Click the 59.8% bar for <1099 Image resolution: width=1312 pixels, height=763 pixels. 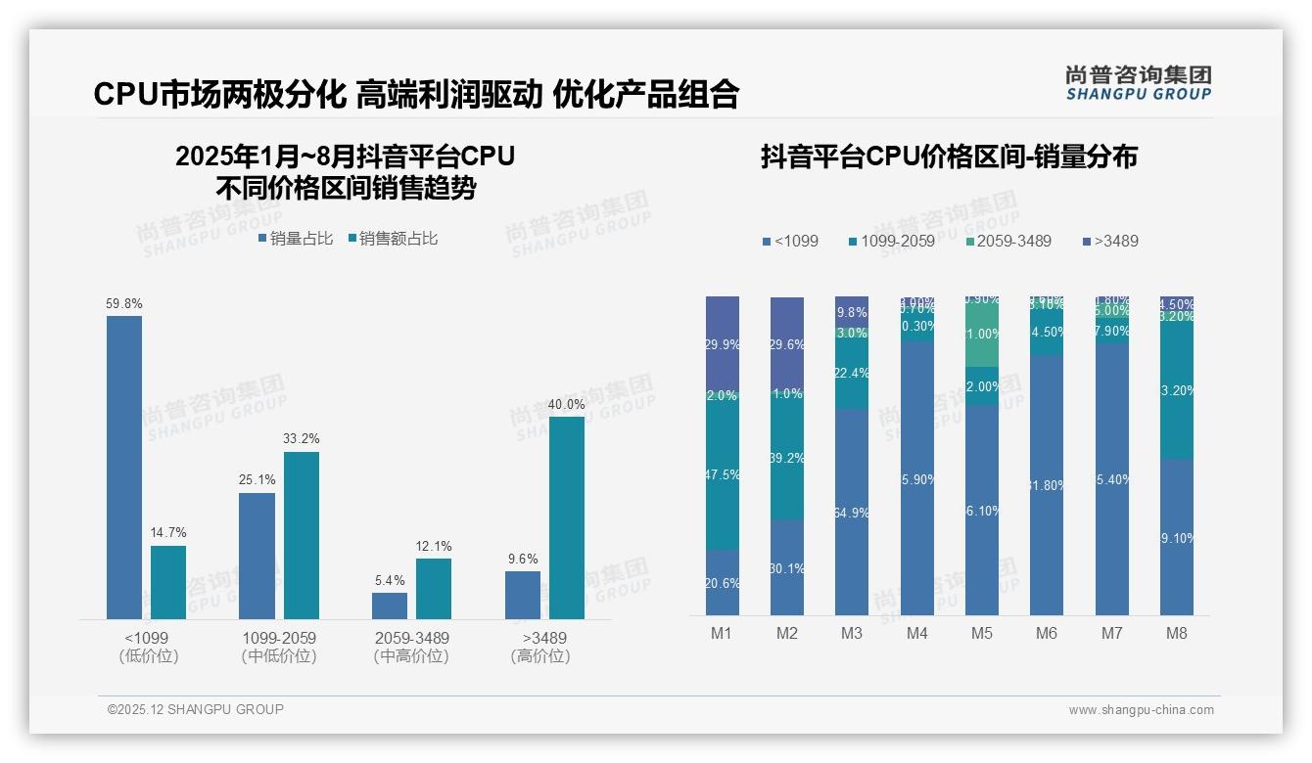[x=124, y=468]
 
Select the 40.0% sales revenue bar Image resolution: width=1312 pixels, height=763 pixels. [x=566, y=518]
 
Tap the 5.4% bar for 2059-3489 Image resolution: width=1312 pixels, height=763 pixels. [x=390, y=606]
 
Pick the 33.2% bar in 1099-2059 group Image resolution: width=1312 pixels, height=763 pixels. [x=302, y=535]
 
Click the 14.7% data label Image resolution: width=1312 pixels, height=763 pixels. [x=168, y=532]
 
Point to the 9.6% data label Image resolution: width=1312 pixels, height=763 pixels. [x=523, y=559]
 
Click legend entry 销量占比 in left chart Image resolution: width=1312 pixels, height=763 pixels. [x=295, y=239]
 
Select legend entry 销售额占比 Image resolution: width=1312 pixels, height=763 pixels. [x=391, y=239]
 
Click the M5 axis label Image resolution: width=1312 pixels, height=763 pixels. [x=981, y=633]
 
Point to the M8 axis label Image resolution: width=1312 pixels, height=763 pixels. [x=1176, y=633]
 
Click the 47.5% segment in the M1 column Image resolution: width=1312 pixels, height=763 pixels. [x=722, y=474]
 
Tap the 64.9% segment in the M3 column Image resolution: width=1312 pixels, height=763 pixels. [x=852, y=512]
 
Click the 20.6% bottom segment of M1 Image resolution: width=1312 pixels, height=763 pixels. [x=722, y=583]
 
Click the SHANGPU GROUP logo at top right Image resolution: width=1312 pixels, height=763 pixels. [x=1138, y=83]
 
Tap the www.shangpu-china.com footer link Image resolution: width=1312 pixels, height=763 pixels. [x=1141, y=710]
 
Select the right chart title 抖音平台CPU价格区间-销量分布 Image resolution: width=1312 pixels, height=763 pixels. [x=949, y=157]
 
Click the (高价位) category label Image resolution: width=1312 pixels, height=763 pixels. [x=539, y=656]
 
